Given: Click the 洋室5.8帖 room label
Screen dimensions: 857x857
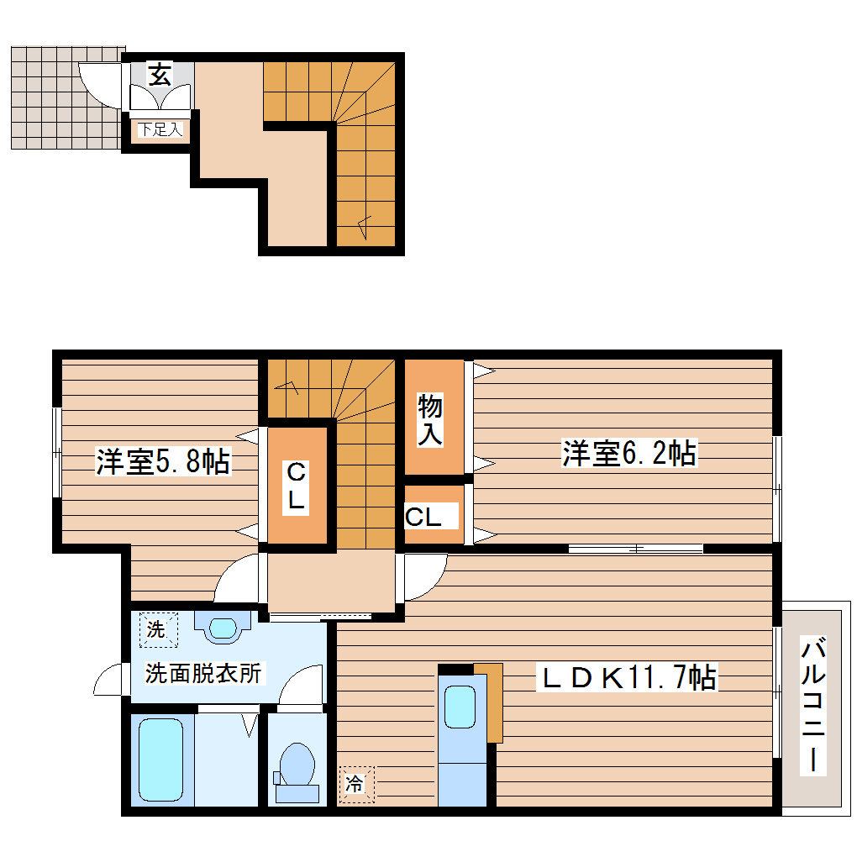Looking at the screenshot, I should pos(162,461).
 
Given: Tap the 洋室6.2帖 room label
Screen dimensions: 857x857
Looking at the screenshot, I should pos(628,454).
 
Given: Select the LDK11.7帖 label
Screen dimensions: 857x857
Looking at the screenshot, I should pos(627,676).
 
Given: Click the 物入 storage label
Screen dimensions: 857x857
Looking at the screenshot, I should pos(431,421).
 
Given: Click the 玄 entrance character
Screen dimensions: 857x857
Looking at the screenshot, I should pos(160,75).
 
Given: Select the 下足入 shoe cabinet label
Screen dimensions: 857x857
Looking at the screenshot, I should pos(160,130).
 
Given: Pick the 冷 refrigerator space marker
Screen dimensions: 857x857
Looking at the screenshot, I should pos(355,784).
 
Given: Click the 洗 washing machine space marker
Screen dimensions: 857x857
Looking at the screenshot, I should pos(156,629).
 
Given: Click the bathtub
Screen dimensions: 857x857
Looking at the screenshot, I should pos(160,760).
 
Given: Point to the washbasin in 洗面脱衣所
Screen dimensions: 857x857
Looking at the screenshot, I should pos(223,627).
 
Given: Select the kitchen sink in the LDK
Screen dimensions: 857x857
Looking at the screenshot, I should pos(460,707).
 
